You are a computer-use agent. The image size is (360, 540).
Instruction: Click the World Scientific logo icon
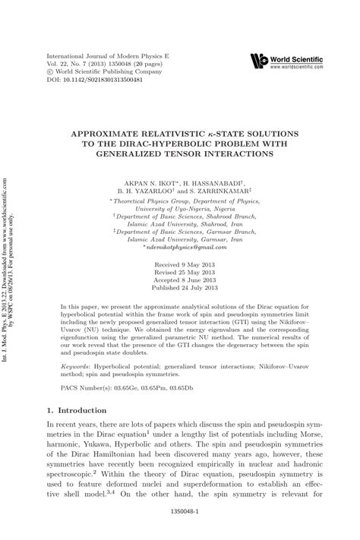[x=259, y=60]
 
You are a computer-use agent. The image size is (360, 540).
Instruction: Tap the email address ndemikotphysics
[x=182, y=248]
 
